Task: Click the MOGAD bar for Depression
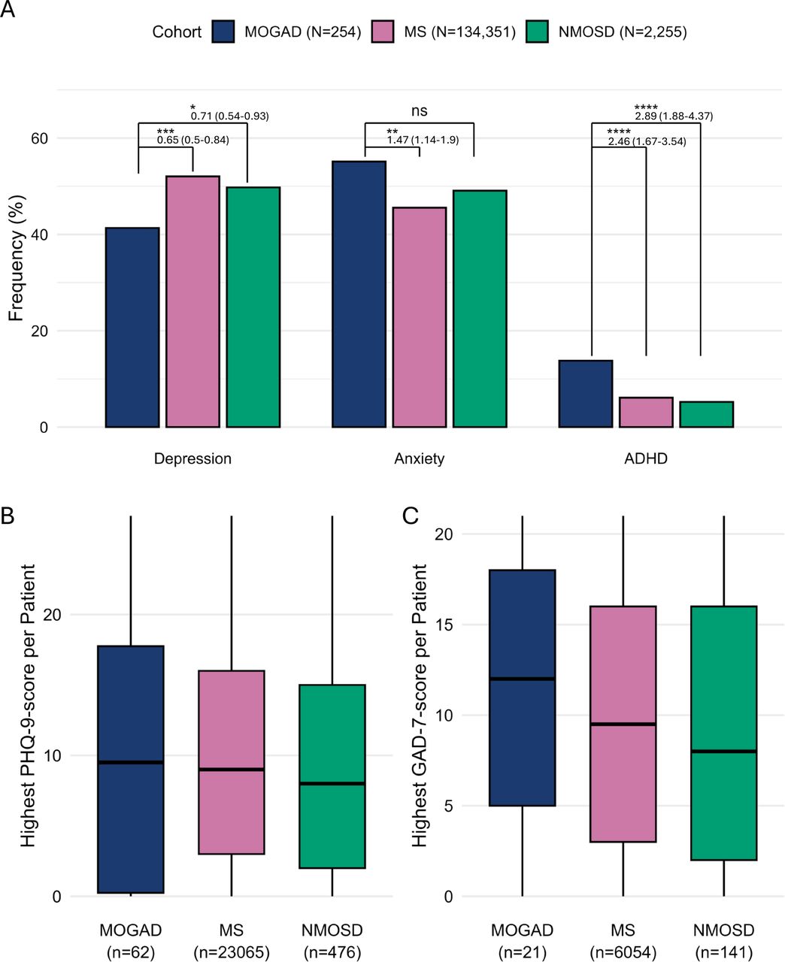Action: (x=132, y=327)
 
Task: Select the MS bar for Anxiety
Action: (x=420, y=317)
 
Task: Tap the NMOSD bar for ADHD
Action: (x=707, y=414)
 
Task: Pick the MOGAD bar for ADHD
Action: (x=586, y=394)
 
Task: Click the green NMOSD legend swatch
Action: (x=537, y=32)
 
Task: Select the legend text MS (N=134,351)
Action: (x=459, y=32)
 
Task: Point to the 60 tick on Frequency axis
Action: (x=39, y=138)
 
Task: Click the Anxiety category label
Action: (x=420, y=458)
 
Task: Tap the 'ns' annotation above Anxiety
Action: (x=420, y=110)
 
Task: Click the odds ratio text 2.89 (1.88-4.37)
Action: (x=674, y=116)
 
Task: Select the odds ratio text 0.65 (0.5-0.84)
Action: (x=193, y=140)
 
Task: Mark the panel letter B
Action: (x=8, y=516)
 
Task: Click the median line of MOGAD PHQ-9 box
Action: (x=131, y=762)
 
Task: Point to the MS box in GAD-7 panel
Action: (x=623, y=724)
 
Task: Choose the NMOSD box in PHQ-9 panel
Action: (x=332, y=776)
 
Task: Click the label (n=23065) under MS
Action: (x=232, y=952)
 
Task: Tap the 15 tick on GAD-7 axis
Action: (x=444, y=625)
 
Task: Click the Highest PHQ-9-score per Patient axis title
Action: (x=29, y=706)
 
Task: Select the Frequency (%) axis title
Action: (x=16, y=259)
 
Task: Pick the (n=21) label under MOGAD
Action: (x=522, y=952)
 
